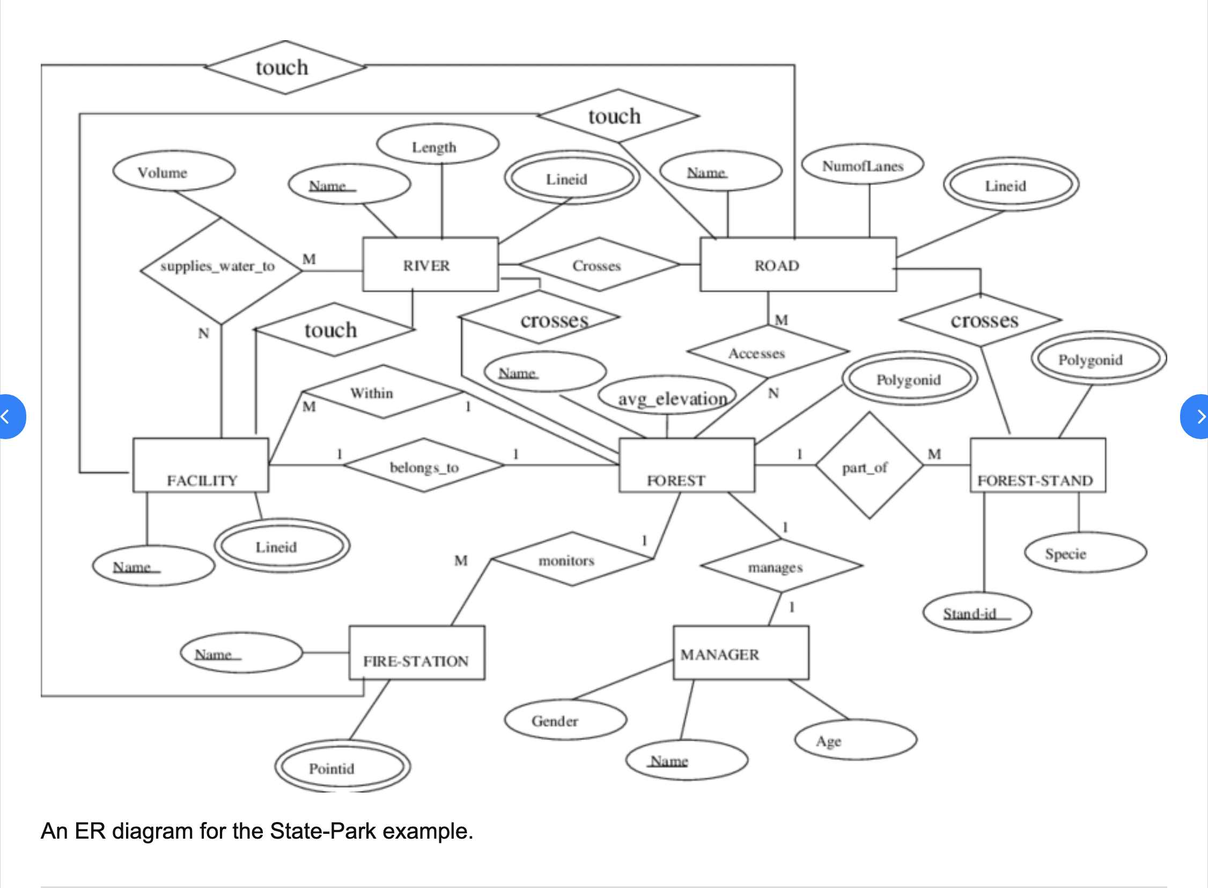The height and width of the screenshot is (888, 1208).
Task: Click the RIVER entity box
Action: [430, 264]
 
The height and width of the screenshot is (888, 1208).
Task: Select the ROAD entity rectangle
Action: [798, 264]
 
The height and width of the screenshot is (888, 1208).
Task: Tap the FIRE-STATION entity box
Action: [417, 653]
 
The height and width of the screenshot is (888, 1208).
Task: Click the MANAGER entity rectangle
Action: [741, 653]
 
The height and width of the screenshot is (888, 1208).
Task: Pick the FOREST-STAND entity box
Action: [1037, 465]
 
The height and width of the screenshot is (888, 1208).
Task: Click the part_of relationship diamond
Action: [869, 465]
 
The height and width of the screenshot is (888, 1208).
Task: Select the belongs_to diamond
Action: [424, 465]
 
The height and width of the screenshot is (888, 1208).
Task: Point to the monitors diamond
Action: [572, 559]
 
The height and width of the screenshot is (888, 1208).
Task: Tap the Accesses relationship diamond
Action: [768, 352]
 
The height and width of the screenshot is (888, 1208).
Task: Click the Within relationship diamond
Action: [383, 392]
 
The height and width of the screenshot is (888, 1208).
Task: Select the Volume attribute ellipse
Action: [174, 171]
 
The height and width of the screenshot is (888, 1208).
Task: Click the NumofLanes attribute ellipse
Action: [863, 165]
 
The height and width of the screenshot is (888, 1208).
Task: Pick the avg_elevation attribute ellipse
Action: [668, 396]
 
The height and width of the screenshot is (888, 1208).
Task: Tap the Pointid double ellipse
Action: [342, 766]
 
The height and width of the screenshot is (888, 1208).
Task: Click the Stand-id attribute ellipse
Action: [977, 612]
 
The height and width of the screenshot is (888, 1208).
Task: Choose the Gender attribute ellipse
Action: [565, 720]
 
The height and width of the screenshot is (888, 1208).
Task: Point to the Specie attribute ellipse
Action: [1085, 552]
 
